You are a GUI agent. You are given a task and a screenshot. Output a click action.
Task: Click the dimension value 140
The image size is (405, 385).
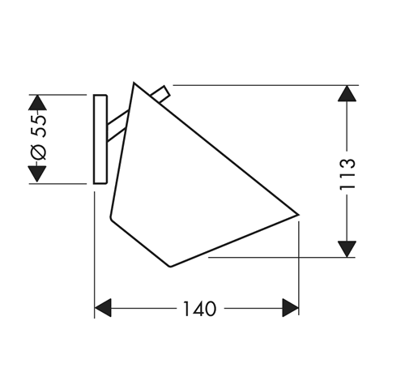(198, 309)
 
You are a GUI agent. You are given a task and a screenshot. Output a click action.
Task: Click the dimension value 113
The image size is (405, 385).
(348, 173)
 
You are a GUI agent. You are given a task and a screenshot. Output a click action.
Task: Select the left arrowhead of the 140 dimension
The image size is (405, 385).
(103, 308)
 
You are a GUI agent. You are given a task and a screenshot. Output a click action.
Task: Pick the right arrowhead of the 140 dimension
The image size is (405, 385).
(290, 308)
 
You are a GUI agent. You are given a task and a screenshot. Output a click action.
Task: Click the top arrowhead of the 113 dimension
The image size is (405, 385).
(347, 93)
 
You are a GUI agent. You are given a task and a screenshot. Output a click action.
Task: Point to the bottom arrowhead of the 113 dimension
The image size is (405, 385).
(347, 248)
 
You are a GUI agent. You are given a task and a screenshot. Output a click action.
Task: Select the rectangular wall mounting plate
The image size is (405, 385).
(100, 139)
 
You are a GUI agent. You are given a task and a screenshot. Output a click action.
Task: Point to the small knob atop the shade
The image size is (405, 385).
(164, 93)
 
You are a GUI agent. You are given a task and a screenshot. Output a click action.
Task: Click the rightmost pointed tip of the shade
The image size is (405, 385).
(298, 215)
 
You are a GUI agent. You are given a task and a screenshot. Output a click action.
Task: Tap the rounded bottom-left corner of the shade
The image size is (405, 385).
(113, 217)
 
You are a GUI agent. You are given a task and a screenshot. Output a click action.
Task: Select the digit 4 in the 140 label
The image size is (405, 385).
(198, 309)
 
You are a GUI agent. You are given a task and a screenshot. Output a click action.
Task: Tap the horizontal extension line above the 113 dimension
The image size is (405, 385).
(259, 84)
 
